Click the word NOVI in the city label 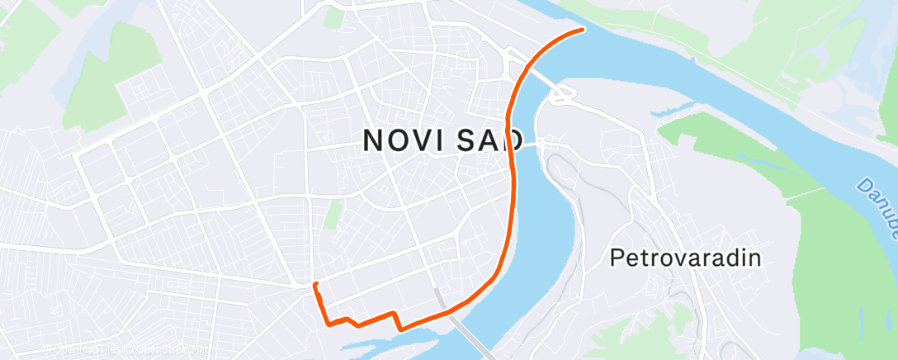tap(401, 140)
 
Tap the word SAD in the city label tap(482, 140)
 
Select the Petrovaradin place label tap(684, 258)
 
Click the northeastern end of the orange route tap(583, 30)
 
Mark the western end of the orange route tap(314, 285)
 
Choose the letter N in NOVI tap(373, 140)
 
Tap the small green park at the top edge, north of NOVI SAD tap(333, 17)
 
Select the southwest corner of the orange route tap(328, 323)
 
